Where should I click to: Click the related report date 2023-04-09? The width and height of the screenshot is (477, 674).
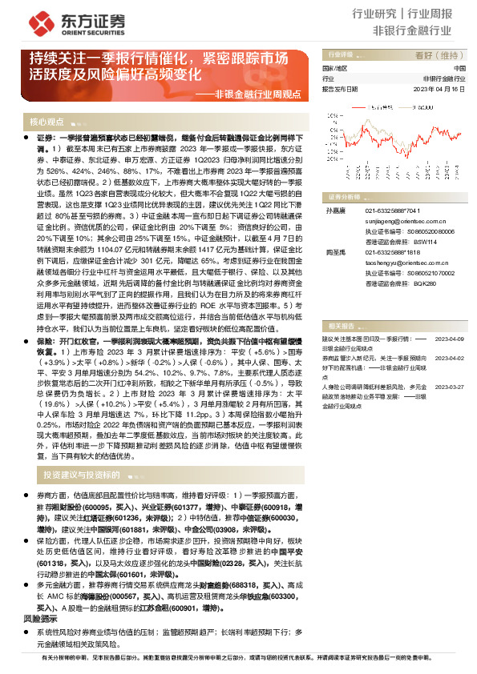[x=450, y=339]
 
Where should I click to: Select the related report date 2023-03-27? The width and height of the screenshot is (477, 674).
[x=450, y=385]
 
